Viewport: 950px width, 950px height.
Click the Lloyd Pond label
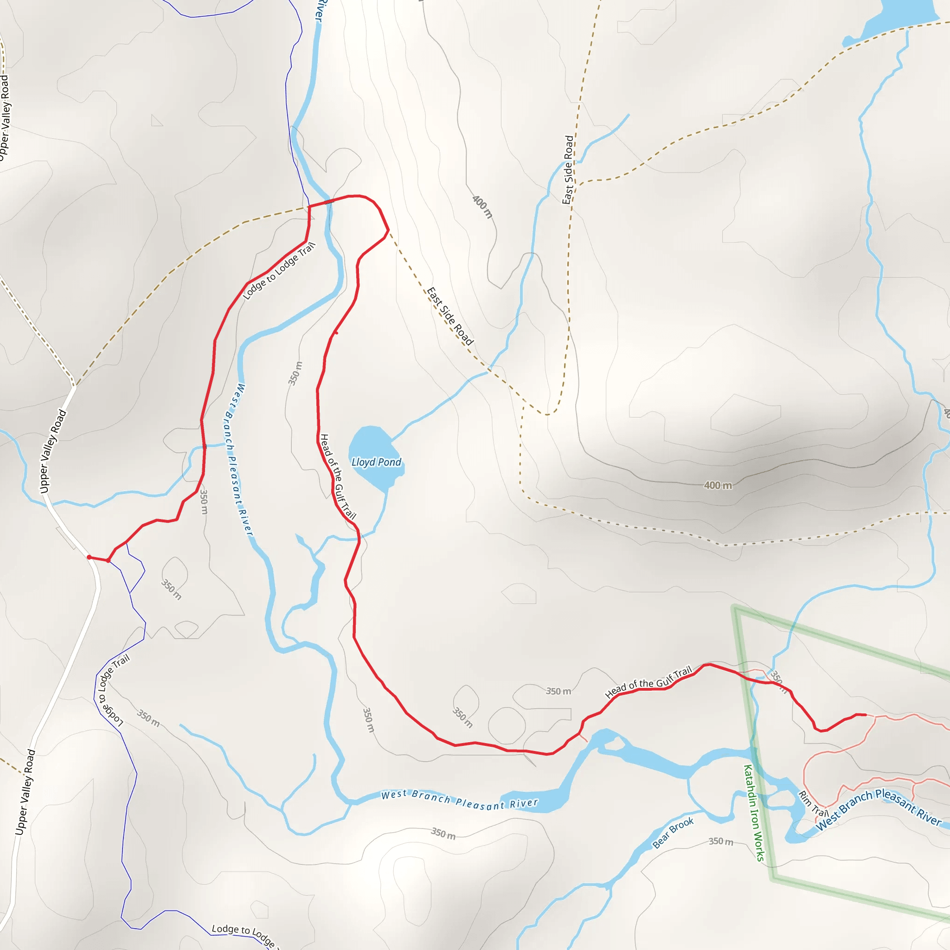pyautogui.click(x=376, y=462)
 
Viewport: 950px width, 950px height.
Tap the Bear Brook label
pyautogui.click(x=673, y=833)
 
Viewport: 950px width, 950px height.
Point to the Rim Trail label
pyautogui.click(x=813, y=803)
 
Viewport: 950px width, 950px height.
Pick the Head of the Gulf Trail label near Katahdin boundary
pyautogui.click(x=648, y=682)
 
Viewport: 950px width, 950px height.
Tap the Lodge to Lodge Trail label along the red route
pyautogui.click(x=279, y=271)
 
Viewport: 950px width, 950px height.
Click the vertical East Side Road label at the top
pyautogui.click(x=568, y=170)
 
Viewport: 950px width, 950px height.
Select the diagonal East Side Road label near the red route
pyautogui.click(x=449, y=316)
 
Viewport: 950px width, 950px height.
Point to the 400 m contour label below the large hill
pyautogui.click(x=718, y=486)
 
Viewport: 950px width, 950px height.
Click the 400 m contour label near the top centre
pyautogui.click(x=482, y=206)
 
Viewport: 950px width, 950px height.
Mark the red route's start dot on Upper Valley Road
pyautogui.click(x=89, y=557)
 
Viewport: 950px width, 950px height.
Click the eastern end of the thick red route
pyautogui.click(x=865, y=715)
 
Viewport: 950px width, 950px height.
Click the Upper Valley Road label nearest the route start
pyautogui.click(x=52, y=451)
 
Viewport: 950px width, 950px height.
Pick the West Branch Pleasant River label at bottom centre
pyautogui.click(x=459, y=800)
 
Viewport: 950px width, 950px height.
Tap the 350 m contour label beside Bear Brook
pyautogui.click(x=721, y=842)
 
